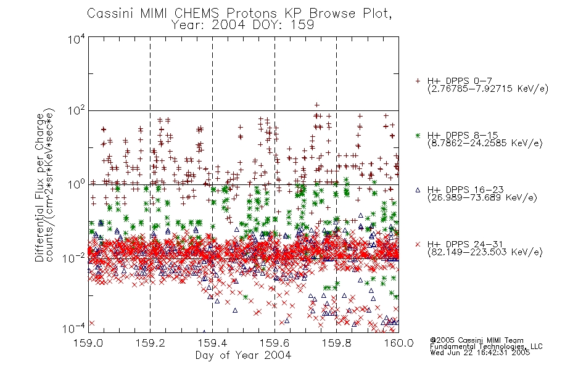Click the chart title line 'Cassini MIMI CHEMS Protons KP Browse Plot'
(239, 14)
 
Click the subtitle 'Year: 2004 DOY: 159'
(242, 25)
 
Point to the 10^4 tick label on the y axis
(76, 39)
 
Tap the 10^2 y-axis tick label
(76, 111)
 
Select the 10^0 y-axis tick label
(76, 184)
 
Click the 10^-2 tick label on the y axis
(73, 258)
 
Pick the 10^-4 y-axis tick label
(73, 329)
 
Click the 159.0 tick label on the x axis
(88, 343)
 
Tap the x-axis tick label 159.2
(151, 343)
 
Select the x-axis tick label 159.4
(212, 343)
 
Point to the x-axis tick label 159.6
(274, 343)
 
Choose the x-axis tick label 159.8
(336, 343)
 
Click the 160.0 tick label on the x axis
(398, 343)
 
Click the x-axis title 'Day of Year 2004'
(243, 355)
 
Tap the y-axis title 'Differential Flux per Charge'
(39, 187)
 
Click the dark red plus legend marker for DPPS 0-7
(418, 81)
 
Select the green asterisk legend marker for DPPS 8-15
(418, 135)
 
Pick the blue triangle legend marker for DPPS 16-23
(418, 190)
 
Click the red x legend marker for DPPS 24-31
(418, 244)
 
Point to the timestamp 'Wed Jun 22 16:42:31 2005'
(480, 353)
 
